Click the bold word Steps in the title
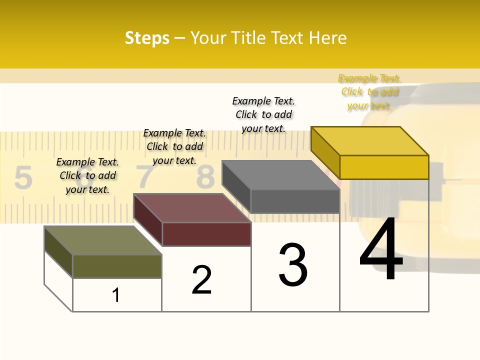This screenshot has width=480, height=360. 147,38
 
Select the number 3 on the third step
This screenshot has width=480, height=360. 293,265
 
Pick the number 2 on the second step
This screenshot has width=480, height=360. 202,280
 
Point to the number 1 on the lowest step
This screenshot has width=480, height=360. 116,295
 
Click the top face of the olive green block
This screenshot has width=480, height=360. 102,240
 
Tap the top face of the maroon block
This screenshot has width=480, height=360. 191,207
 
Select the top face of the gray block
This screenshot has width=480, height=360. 280,175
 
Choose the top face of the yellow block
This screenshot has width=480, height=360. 369,140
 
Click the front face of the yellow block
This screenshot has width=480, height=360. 384,167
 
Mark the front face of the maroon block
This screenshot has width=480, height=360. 206,234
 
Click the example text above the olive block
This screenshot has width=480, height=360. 87,175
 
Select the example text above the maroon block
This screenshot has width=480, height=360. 174,146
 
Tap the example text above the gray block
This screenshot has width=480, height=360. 263,114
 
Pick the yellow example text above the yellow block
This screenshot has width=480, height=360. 369,91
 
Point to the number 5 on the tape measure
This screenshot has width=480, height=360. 23,178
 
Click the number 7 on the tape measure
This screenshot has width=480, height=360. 145,176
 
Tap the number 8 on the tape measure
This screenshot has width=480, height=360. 205,176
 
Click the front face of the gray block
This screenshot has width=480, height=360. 295,201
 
